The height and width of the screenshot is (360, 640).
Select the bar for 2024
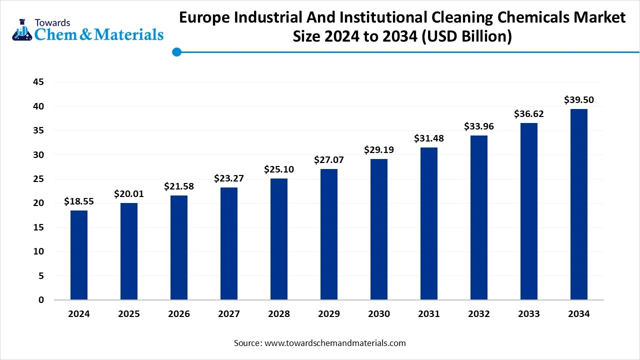(x=79, y=255)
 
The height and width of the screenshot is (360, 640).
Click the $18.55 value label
(x=79, y=201)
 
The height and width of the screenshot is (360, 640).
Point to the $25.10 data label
(x=279, y=169)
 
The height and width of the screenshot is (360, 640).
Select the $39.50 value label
(x=579, y=100)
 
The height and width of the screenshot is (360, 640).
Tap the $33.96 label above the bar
(x=479, y=126)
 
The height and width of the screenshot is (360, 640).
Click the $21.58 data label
(x=179, y=186)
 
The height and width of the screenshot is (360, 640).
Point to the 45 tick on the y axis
(x=38, y=82)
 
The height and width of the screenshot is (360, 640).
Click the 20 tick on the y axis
(x=38, y=203)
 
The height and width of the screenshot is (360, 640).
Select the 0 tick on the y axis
(x=41, y=300)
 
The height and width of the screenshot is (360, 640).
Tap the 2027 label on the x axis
(x=229, y=314)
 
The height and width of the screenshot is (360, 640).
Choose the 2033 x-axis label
(x=529, y=314)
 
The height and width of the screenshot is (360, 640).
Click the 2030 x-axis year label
(x=379, y=314)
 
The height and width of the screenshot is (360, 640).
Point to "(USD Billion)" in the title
(x=467, y=36)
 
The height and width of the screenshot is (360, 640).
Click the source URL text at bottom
(x=334, y=343)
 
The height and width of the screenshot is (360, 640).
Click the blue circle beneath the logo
(x=176, y=51)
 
